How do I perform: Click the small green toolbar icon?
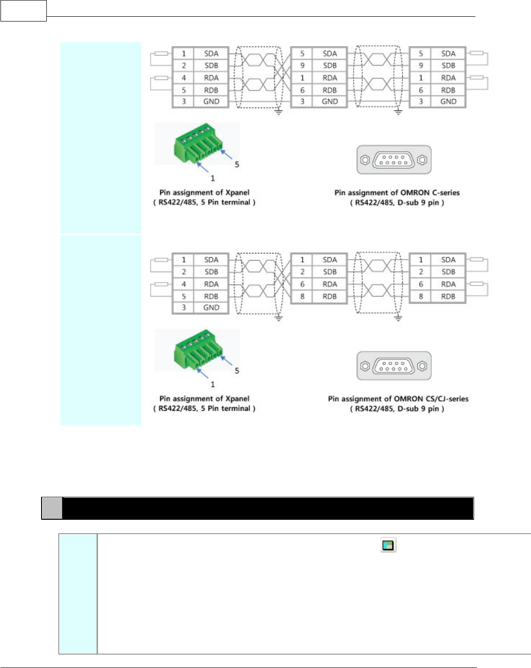click(x=388, y=545)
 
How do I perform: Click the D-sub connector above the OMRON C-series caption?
click(x=394, y=160)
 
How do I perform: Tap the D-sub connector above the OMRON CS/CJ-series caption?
click(x=394, y=366)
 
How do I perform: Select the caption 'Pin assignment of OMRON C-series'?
click(x=397, y=193)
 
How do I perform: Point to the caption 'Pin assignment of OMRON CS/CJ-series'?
click(x=398, y=399)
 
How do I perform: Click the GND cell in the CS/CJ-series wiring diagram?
click(x=211, y=308)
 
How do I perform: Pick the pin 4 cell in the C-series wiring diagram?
click(x=184, y=78)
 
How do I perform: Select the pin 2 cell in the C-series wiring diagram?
click(x=184, y=66)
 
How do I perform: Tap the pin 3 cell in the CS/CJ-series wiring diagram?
click(x=184, y=308)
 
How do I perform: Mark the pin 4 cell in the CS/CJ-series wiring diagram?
click(x=184, y=284)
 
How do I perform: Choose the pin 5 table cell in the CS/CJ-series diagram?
click(x=184, y=296)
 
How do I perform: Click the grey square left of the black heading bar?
click(x=52, y=508)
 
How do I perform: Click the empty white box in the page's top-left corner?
click(x=23, y=11)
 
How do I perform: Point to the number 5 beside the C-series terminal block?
click(x=237, y=164)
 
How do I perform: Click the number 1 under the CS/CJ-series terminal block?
click(x=213, y=384)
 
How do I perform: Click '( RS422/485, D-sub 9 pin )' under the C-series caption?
click(x=397, y=203)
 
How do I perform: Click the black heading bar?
click(x=268, y=508)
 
